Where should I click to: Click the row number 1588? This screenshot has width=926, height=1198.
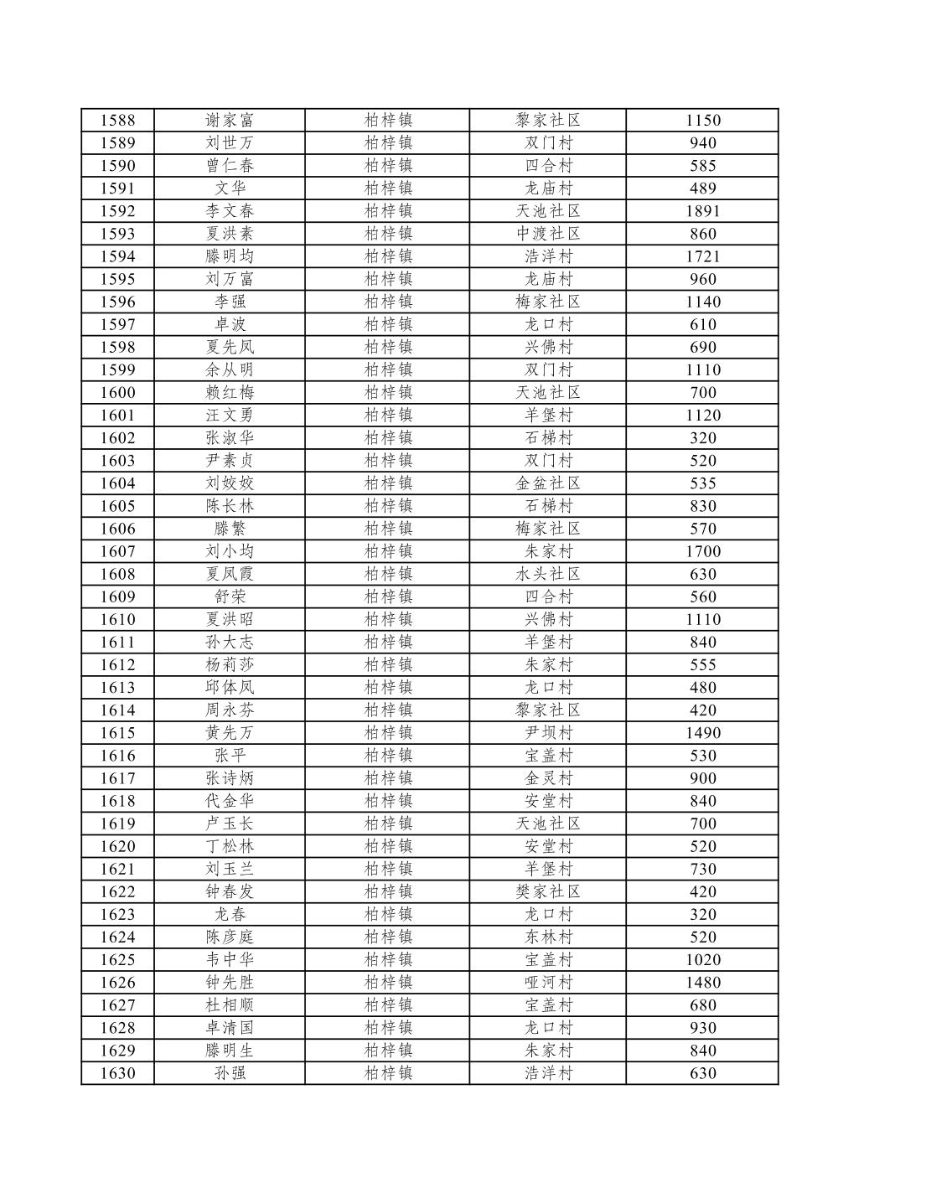tap(117, 121)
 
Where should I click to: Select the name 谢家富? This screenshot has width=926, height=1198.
tap(230, 121)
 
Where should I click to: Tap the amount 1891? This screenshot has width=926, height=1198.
tap(702, 211)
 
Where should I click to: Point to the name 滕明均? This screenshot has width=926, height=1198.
tap(230, 256)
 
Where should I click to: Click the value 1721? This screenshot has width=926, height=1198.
tap(702, 256)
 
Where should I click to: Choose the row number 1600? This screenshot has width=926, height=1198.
tap(117, 393)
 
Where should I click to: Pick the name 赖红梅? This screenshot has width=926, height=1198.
tap(230, 393)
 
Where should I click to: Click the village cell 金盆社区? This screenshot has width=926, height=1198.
tap(548, 483)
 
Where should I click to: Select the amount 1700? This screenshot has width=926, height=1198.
tap(702, 551)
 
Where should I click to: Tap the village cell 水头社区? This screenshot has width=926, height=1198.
tap(548, 574)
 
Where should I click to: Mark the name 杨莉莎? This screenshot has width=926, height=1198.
tap(230, 665)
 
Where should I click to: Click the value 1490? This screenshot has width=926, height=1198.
tap(702, 733)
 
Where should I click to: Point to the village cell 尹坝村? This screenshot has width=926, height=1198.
tap(548, 733)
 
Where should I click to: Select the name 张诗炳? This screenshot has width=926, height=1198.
tap(230, 778)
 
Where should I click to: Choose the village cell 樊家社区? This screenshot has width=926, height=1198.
tap(548, 891)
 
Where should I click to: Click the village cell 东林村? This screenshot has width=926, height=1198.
tap(548, 937)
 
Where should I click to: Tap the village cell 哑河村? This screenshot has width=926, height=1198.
tap(548, 983)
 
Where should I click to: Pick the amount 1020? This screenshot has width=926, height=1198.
tap(702, 960)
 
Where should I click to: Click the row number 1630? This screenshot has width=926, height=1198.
tap(117, 1073)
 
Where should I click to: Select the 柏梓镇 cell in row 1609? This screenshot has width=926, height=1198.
tap(388, 596)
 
